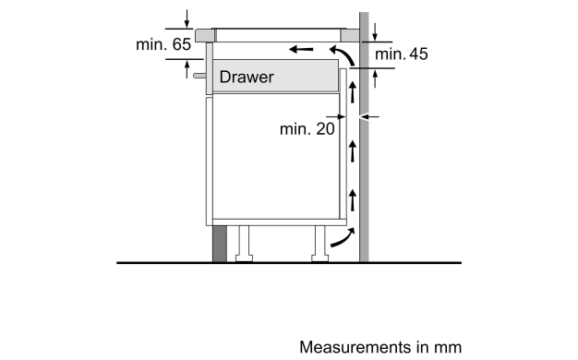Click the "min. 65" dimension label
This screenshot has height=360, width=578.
coord(163,44)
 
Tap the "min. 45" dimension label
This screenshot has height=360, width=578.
coord(402,54)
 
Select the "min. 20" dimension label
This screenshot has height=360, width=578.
coord(307,129)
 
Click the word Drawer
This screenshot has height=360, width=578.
coord(247,77)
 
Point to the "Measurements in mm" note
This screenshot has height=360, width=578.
coord(380,347)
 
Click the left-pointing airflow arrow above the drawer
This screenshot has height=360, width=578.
coord(301,49)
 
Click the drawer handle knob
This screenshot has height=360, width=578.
coord(199,76)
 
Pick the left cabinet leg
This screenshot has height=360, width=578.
coord(244,244)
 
